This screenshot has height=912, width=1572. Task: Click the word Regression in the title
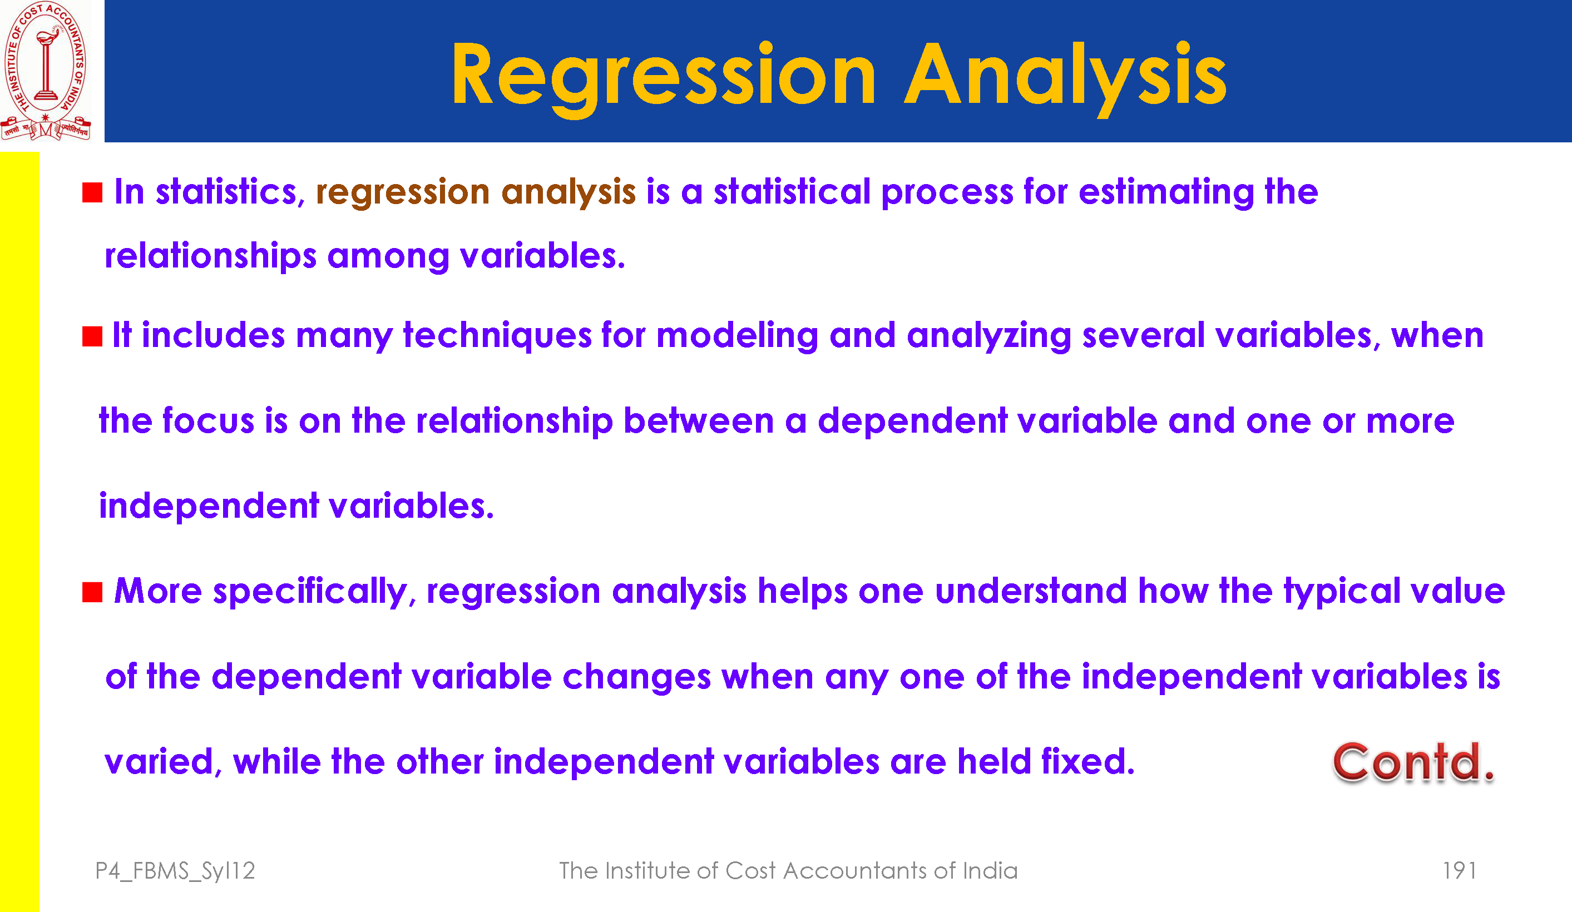click(x=664, y=77)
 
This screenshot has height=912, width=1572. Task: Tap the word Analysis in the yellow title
click(x=1065, y=77)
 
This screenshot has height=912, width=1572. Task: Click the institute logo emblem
click(x=46, y=71)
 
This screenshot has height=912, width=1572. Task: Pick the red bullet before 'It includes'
click(x=92, y=336)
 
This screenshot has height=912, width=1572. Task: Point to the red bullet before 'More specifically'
click(x=92, y=592)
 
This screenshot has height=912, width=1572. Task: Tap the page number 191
click(x=1459, y=870)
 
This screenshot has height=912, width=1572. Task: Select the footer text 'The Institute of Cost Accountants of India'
click(x=788, y=870)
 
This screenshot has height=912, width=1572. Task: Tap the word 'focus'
click(x=209, y=420)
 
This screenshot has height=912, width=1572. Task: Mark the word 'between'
click(x=699, y=420)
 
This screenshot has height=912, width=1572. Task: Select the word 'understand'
click(x=1031, y=591)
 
